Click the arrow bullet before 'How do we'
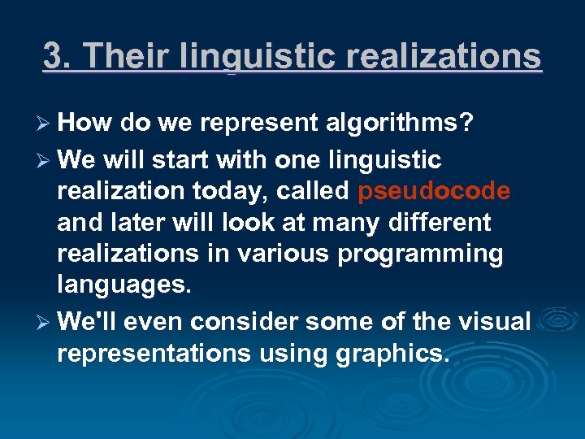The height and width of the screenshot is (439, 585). [x=46, y=123]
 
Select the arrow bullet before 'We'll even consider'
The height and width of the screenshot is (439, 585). [x=46, y=321]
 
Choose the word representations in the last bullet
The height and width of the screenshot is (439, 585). [x=156, y=354]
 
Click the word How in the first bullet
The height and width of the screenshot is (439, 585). [x=85, y=123]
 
